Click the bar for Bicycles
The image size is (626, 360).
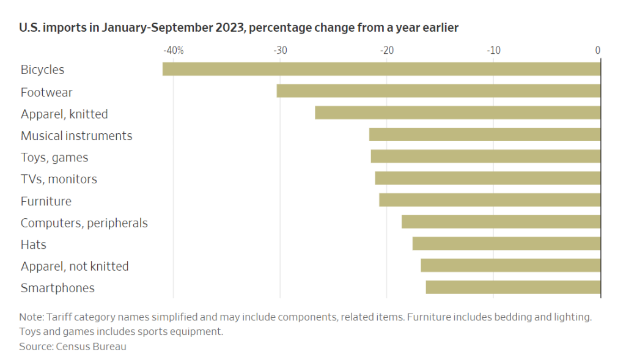(x=381, y=69)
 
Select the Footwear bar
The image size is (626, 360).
(x=438, y=91)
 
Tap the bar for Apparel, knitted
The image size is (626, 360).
(x=457, y=112)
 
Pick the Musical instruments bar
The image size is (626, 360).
(x=485, y=134)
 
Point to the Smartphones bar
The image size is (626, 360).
(x=513, y=287)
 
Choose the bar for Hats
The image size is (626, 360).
(x=506, y=243)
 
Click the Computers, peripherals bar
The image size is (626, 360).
(x=501, y=222)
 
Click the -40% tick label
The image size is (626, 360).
(x=174, y=50)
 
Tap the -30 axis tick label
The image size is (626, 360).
(x=280, y=50)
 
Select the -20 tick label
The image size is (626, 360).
(x=387, y=50)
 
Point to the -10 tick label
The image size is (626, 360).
(x=493, y=50)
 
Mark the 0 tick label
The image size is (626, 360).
(x=598, y=50)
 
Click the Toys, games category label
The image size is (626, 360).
(x=54, y=158)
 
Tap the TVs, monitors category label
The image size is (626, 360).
(x=59, y=179)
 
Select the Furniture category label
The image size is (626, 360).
(x=46, y=201)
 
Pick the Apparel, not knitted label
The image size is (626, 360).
(x=75, y=266)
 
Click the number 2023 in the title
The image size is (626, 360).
(x=230, y=28)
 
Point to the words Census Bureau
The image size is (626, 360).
(x=91, y=347)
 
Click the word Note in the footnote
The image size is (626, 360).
(x=32, y=317)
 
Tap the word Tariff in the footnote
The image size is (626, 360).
(x=59, y=317)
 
